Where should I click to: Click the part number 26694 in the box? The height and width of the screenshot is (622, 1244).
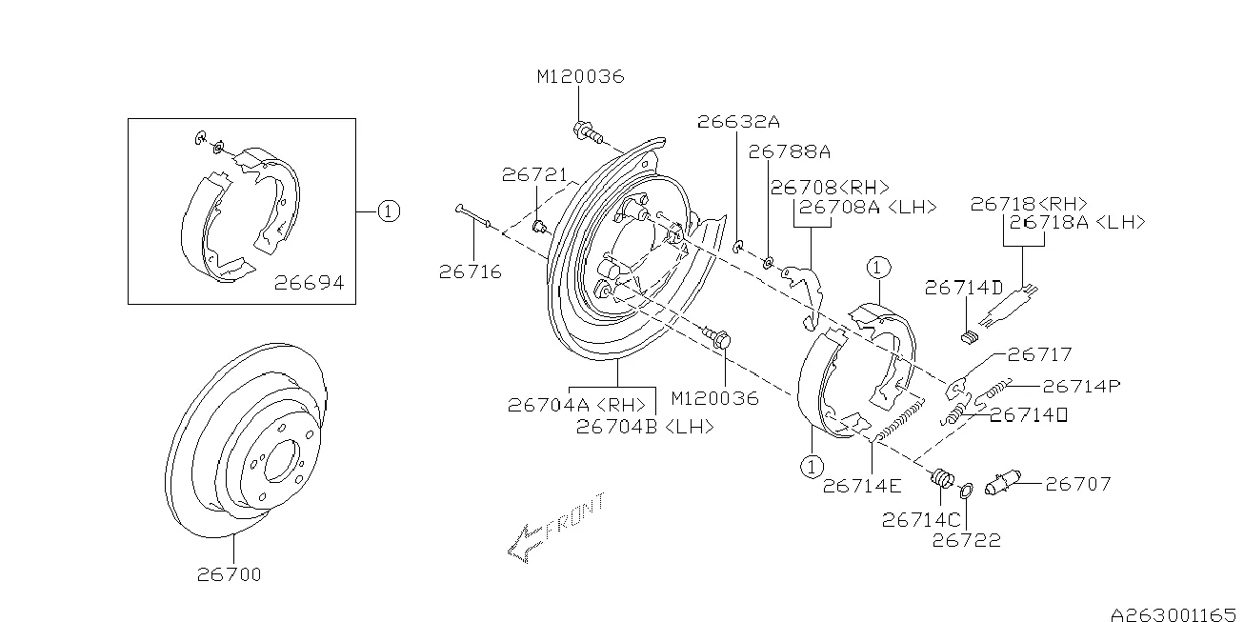309,283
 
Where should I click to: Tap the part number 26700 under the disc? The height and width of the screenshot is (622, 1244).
230,574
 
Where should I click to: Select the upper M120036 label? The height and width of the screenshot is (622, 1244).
579,76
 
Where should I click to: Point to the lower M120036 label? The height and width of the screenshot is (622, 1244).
714,398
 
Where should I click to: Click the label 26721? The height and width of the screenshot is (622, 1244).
535,175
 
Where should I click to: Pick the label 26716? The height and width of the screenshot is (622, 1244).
471,272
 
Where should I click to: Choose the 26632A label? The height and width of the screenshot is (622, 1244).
738,122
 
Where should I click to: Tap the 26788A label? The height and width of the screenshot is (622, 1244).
790,150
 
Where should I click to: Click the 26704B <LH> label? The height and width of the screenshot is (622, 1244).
645,428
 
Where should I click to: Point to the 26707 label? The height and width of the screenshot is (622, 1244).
1078,485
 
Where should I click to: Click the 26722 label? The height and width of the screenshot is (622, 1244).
966,541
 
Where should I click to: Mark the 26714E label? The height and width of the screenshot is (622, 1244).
862,486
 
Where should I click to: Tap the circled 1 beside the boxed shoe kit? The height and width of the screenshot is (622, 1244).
388,211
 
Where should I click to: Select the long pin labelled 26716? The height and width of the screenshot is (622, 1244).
473,216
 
